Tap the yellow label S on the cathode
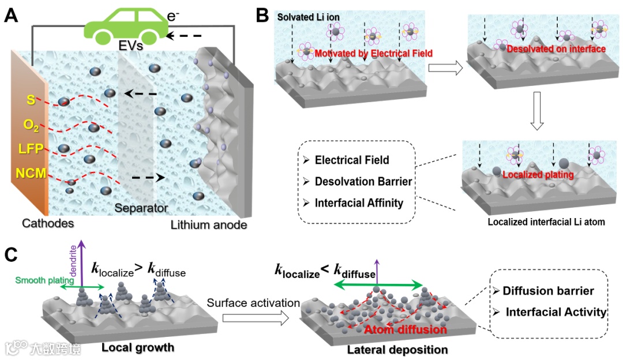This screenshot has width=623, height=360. coord(31,99)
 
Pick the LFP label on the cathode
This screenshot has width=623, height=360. coord(31,148)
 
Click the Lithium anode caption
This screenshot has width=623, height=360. coord(209,224)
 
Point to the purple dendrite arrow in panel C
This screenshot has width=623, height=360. coord(81,265)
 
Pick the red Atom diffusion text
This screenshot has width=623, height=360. coord(406,329)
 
